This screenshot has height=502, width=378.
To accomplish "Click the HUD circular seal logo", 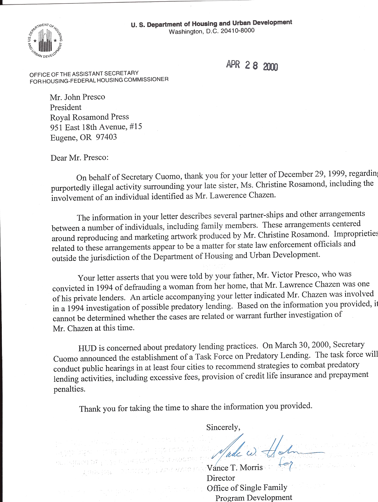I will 45,41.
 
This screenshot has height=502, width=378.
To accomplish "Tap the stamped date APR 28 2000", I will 252,66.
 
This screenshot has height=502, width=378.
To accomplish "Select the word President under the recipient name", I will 66,107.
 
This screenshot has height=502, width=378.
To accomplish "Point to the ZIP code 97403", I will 106,137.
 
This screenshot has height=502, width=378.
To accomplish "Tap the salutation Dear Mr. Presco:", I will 79,158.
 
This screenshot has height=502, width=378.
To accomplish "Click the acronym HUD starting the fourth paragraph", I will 87,348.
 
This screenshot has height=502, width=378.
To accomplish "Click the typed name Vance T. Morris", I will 235,468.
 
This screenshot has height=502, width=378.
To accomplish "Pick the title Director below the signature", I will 221,478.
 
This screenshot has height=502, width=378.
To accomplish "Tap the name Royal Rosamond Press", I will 89,117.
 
